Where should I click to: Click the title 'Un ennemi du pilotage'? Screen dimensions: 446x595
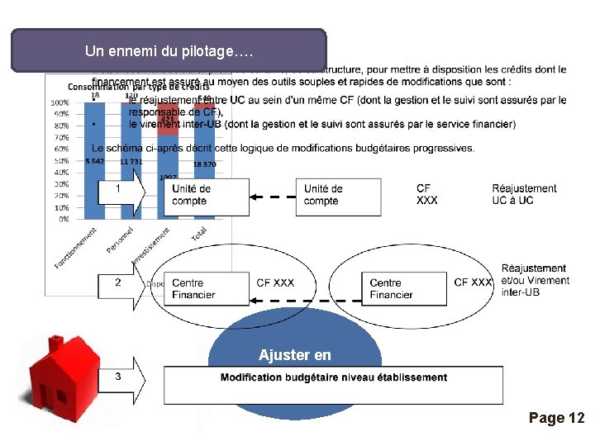click(x=169, y=51)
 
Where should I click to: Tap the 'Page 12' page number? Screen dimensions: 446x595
click(x=556, y=418)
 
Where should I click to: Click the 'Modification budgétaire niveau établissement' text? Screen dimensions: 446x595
click(x=334, y=377)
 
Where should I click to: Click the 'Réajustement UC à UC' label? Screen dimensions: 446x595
click(x=524, y=194)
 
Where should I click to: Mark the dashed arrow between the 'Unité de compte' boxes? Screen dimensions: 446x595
click(x=273, y=197)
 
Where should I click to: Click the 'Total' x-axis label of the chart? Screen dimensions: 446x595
click(x=199, y=234)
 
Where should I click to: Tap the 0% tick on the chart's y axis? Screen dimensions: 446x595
click(x=63, y=220)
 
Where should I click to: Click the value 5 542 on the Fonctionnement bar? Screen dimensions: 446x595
click(x=95, y=161)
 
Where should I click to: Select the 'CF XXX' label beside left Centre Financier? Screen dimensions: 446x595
click(x=275, y=283)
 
